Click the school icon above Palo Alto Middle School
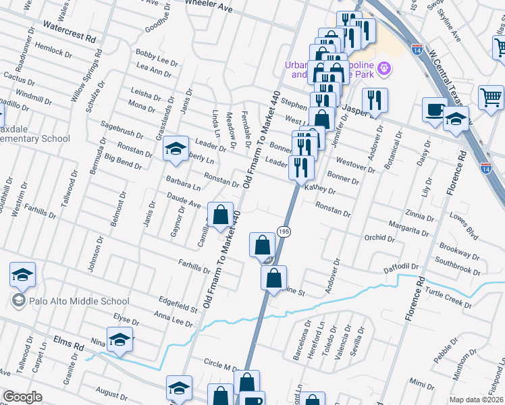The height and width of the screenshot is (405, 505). [x=22, y=275]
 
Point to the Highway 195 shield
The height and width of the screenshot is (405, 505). [x=284, y=232]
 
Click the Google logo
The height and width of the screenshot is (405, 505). [x=22, y=397]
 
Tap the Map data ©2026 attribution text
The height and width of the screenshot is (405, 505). [x=476, y=400]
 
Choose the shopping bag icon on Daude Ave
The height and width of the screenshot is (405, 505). [x=220, y=216]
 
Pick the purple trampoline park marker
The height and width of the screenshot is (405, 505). [x=386, y=67]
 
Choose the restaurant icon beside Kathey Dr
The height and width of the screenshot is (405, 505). [x=301, y=167]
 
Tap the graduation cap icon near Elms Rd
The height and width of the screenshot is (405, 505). [x=119, y=339]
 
